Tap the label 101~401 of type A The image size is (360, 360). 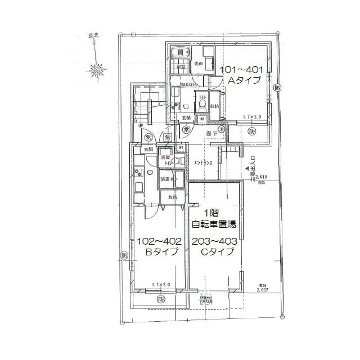(x=242, y=70)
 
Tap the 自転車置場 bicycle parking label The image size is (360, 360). (x=214, y=224)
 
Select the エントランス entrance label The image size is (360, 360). (x=203, y=163)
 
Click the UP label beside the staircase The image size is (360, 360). (x=141, y=125)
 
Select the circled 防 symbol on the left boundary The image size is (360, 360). (x=124, y=256)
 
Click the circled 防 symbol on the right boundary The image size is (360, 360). (x=277, y=88)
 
